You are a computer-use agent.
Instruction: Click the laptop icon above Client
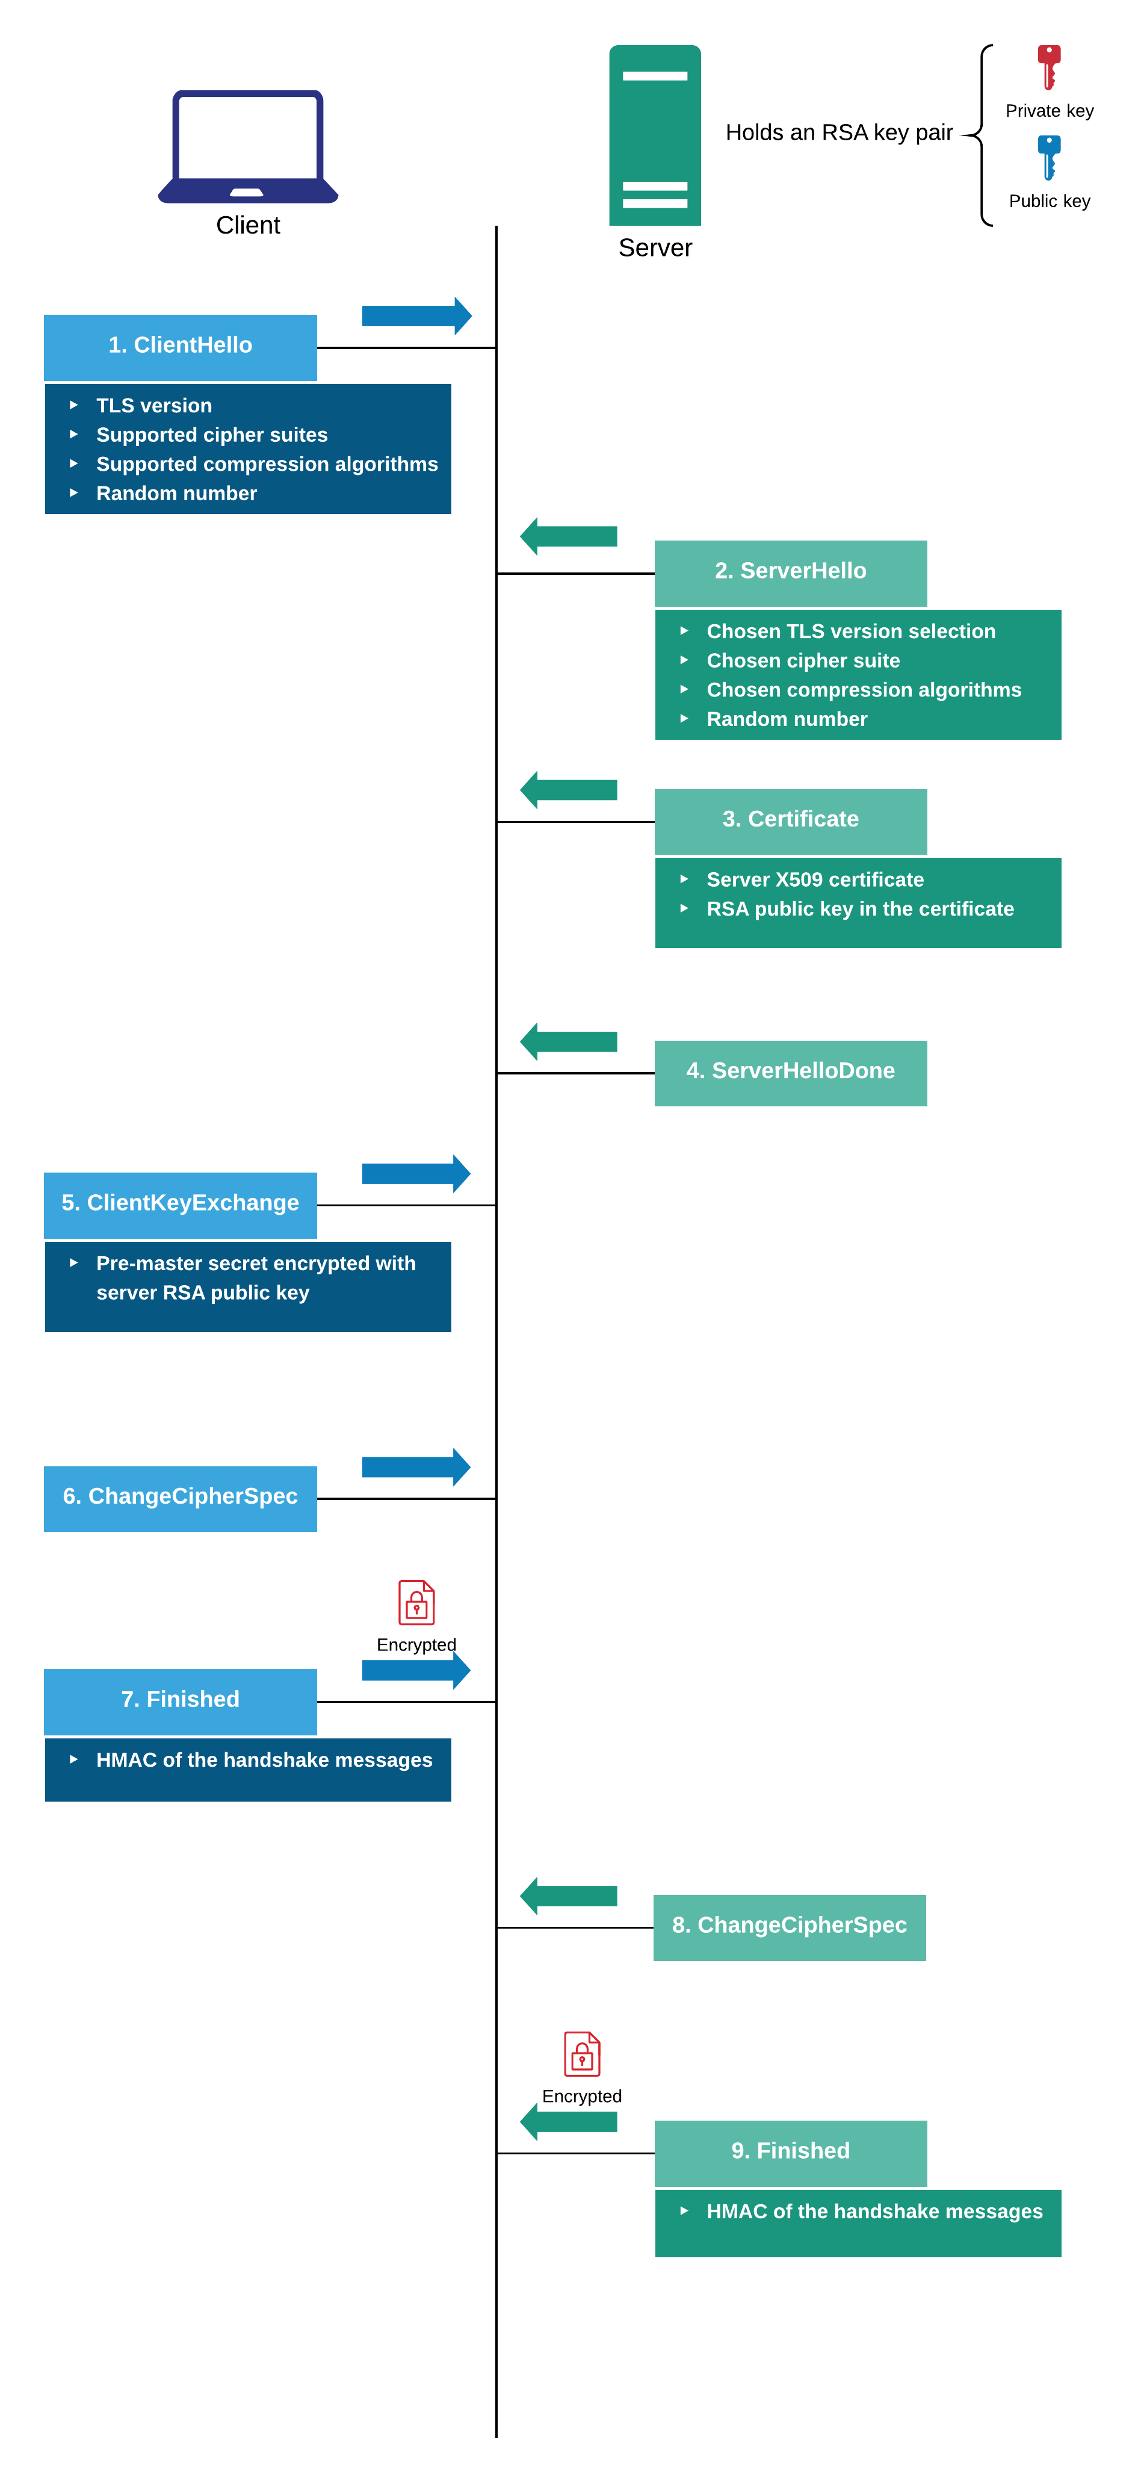click(x=248, y=146)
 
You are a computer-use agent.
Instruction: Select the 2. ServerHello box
click(x=790, y=572)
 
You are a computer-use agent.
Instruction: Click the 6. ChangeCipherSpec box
click(x=180, y=1498)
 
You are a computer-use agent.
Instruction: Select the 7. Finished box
click(x=180, y=1701)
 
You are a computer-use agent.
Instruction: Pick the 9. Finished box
click(x=790, y=2153)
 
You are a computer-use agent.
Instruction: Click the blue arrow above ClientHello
click(x=416, y=316)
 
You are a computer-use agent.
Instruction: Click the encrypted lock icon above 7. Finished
click(x=416, y=1603)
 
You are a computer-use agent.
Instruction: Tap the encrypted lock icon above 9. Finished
click(x=582, y=2054)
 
